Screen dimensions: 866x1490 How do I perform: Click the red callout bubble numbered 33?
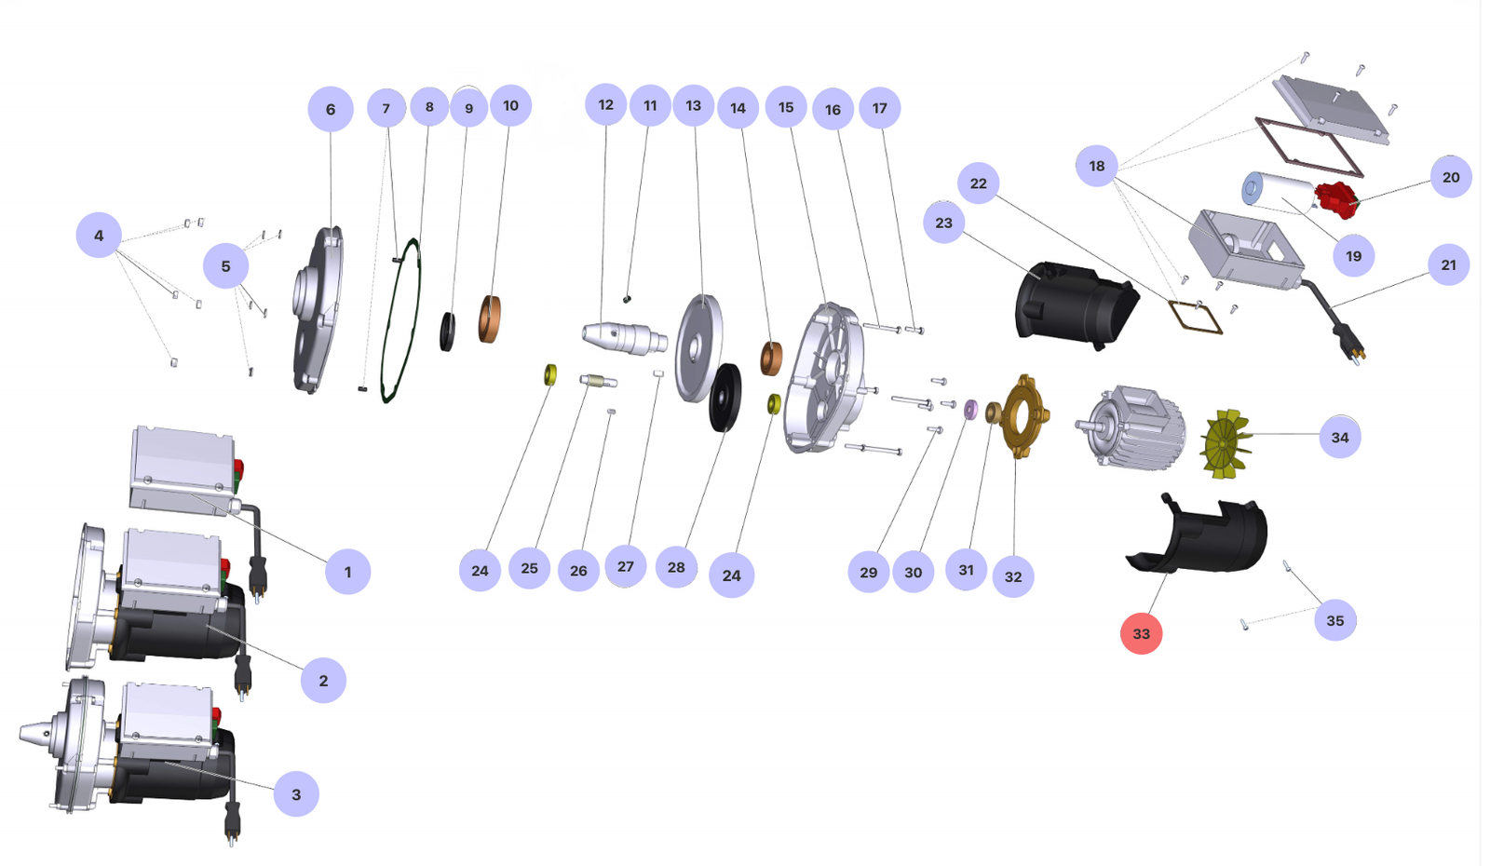[1141, 633]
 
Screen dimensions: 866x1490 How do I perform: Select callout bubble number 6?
[331, 109]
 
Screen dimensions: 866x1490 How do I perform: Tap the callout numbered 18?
[1096, 166]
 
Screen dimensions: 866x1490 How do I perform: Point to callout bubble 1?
[347, 572]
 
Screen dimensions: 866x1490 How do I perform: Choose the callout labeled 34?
[1339, 437]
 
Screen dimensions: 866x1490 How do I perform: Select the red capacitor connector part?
[1337, 199]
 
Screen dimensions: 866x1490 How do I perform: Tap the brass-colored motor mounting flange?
[1023, 416]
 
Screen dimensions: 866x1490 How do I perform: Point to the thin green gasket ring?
[401, 321]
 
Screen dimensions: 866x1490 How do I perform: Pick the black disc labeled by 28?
[725, 398]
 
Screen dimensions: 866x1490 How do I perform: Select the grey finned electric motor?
[1131, 427]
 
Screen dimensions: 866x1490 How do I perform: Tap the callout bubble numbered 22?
[978, 183]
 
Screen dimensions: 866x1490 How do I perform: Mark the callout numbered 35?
[1334, 620]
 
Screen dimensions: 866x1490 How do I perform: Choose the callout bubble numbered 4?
[99, 236]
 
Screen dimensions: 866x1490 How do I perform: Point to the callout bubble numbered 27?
[625, 566]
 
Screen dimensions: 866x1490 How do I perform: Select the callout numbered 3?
[296, 794]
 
